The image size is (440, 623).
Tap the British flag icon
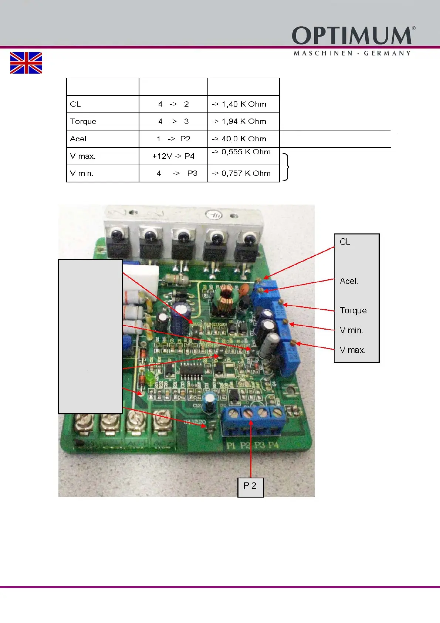point(26,63)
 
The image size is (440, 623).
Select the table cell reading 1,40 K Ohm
point(244,104)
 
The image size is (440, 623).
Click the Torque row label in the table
point(83,122)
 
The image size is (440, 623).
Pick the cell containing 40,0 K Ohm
point(244,139)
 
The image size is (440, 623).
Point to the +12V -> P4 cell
point(173,156)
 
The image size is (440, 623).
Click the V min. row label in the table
point(82,174)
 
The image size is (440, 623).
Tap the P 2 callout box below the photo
point(250,486)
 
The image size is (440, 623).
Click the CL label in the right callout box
point(345,242)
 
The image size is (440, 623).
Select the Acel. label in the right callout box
point(349,282)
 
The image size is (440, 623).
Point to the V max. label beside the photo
point(352,350)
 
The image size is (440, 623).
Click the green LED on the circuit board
point(149,377)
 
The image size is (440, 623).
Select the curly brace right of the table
point(286,167)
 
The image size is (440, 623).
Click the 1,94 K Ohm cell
point(244,122)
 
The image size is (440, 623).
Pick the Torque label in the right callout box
point(353,311)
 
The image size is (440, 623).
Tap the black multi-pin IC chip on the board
point(192,369)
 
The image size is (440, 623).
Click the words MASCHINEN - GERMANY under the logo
point(352,53)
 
